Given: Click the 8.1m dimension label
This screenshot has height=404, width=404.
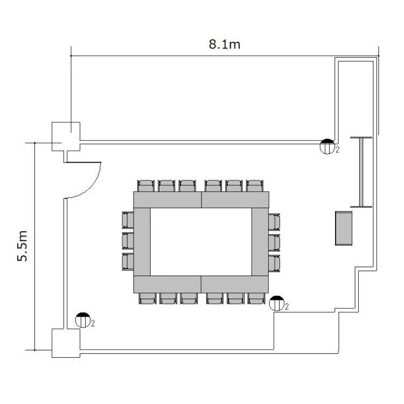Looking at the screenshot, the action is [x=225, y=44].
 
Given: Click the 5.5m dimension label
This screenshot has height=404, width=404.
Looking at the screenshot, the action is [x=23, y=246].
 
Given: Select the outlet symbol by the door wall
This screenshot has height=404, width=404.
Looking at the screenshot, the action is [x=83, y=320].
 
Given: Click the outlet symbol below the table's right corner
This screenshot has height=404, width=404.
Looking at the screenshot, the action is [x=277, y=303].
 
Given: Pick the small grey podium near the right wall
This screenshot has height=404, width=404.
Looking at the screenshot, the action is [x=344, y=228].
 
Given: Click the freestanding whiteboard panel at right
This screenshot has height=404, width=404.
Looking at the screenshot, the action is [x=361, y=172].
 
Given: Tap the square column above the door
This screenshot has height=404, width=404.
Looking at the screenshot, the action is [x=66, y=136].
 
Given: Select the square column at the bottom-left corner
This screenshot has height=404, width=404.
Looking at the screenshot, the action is [x=66, y=343].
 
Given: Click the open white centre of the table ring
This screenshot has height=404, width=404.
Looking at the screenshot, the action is [x=201, y=242].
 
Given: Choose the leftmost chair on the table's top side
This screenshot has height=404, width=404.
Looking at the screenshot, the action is [x=146, y=186].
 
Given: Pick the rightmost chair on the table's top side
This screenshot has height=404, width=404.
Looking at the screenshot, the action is [x=255, y=186].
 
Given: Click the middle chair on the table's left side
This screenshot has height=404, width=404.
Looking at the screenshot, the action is [x=128, y=241].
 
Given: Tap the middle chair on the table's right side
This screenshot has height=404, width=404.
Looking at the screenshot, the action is [x=274, y=243].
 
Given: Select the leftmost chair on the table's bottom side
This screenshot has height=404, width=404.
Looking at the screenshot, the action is [x=148, y=298].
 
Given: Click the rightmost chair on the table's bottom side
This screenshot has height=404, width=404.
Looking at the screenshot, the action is [x=256, y=298].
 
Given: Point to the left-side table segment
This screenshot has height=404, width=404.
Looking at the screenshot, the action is [x=142, y=242].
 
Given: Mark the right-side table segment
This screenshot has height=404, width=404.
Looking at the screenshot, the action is [x=260, y=242].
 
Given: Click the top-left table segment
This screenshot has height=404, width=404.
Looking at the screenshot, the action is [x=168, y=200].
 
